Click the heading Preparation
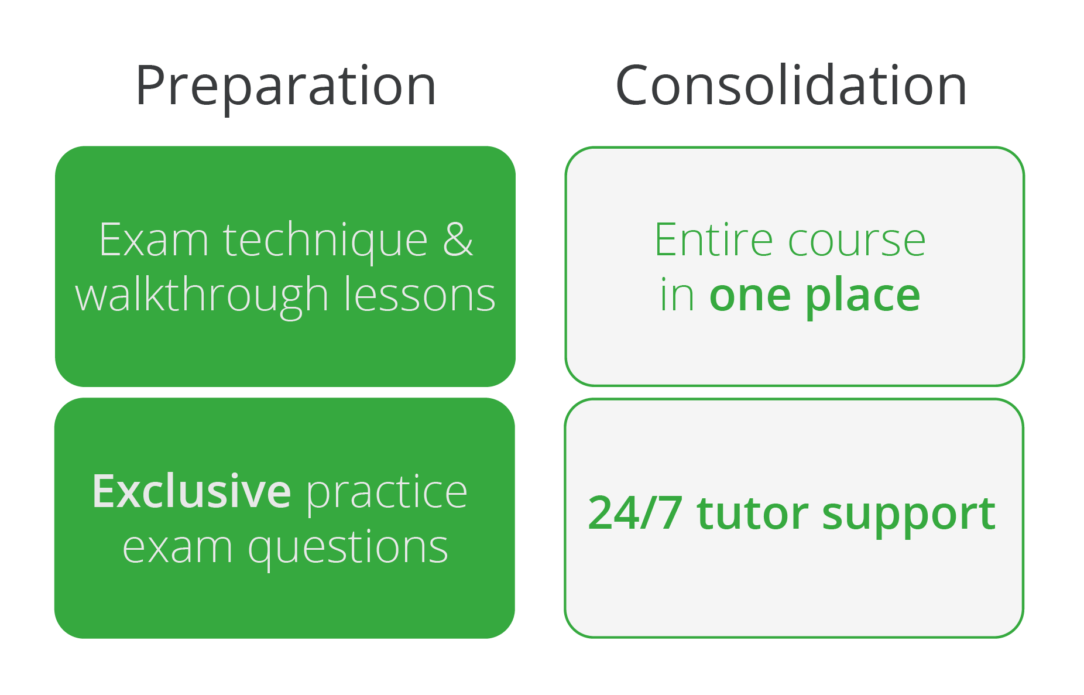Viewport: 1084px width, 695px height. click(x=286, y=87)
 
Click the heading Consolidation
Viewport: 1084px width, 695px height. click(x=791, y=85)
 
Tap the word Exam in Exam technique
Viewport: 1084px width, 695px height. click(x=153, y=239)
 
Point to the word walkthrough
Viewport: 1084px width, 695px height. click(x=202, y=296)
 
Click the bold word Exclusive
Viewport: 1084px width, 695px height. click(x=191, y=491)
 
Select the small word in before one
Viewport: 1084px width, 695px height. click(x=677, y=295)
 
